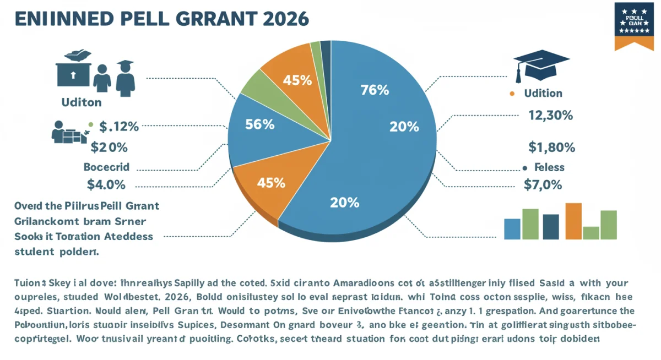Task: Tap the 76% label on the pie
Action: tap(375, 90)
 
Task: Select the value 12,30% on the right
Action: tap(550, 116)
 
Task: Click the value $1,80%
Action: tap(551, 147)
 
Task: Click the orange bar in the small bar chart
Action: tap(573, 221)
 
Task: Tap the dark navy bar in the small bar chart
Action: tap(551, 226)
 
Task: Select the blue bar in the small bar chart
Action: tap(512, 228)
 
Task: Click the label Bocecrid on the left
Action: tap(107, 166)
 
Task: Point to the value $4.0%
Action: tap(106, 184)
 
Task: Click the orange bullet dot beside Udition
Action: tap(513, 94)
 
